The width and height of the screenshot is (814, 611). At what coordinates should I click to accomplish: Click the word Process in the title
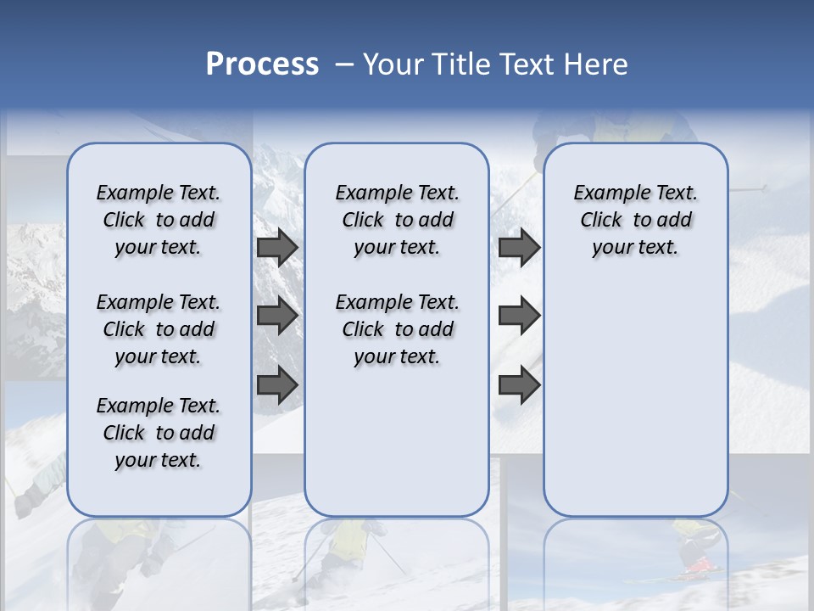(262, 64)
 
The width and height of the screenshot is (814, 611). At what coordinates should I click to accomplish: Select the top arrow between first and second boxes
(277, 247)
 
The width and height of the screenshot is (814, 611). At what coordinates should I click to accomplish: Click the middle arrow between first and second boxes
(277, 316)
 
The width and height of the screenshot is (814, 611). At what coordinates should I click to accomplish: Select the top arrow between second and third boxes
(519, 247)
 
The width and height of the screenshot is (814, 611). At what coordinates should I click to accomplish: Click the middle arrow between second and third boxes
(519, 316)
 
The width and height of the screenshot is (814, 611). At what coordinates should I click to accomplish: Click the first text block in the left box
(159, 220)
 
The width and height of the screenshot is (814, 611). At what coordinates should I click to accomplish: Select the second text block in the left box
(159, 329)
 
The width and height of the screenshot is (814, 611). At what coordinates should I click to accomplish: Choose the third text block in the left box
(159, 433)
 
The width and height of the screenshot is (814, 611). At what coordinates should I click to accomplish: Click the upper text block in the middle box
(397, 220)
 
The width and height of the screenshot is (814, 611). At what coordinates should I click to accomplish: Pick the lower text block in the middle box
(397, 329)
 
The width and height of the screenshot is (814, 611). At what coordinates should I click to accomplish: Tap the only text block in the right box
(635, 220)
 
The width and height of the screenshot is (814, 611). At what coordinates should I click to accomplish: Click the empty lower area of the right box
(635, 399)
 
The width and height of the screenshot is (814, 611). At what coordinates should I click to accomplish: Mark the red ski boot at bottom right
(697, 564)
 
